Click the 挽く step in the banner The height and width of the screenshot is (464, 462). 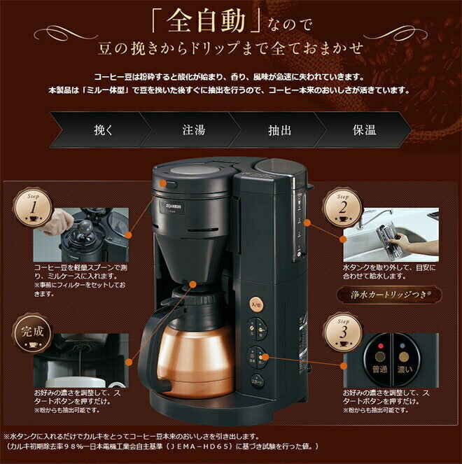tap(102, 129)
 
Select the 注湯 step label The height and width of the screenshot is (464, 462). tap(193, 129)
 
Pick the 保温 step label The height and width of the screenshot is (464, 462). tap(364, 129)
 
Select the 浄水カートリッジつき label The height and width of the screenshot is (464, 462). tap(387, 295)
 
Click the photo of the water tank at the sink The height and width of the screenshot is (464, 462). tap(390, 235)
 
